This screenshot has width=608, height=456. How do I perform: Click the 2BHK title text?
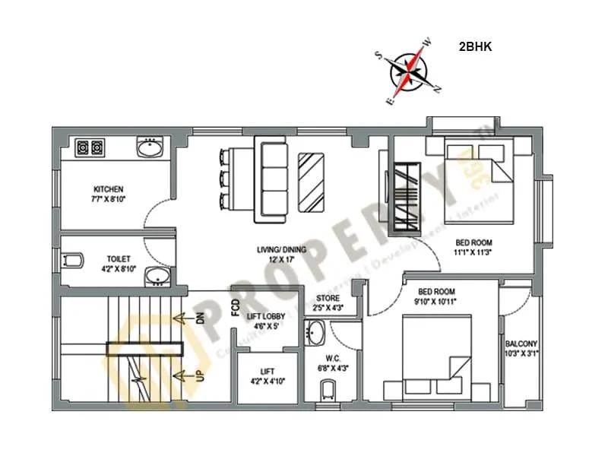pyautogui.click(x=476, y=46)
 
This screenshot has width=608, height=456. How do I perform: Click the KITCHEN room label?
pyautogui.click(x=109, y=189)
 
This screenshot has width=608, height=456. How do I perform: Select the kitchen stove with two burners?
pyautogui.click(x=90, y=147)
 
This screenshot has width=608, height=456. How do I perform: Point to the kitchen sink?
pyautogui.click(x=150, y=147)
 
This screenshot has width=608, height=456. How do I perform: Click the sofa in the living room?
pyautogui.click(x=271, y=179)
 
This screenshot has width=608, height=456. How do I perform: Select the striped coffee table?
pyautogui.click(x=312, y=183)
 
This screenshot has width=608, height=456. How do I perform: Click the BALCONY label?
pyautogui.click(x=521, y=344)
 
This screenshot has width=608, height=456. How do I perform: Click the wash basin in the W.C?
pyautogui.click(x=315, y=332)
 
